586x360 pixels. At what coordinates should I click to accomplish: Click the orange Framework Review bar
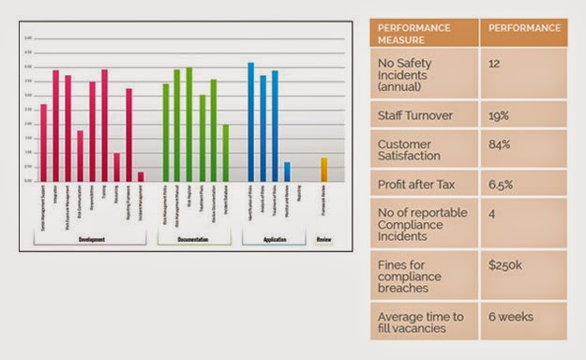point(324,170)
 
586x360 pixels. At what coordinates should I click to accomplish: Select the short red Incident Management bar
point(141,176)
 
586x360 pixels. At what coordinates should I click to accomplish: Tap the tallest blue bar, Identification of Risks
point(250,122)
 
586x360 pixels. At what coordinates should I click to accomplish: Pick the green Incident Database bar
point(225,153)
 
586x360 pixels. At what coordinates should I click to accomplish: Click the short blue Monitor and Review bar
point(287,172)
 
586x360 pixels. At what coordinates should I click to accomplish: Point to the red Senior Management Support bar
point(43,142)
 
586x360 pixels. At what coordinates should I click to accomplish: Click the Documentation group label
point(194,239)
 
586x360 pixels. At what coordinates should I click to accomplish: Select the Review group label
point(324,239)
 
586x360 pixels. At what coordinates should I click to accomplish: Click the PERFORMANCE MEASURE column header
point(423,33)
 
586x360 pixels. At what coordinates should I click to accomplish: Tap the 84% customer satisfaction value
point(499,144)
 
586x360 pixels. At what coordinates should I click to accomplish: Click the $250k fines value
point(506,266)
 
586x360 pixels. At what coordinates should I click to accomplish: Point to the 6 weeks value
point(510,317)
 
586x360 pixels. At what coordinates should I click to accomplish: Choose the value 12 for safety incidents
point(496,61)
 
